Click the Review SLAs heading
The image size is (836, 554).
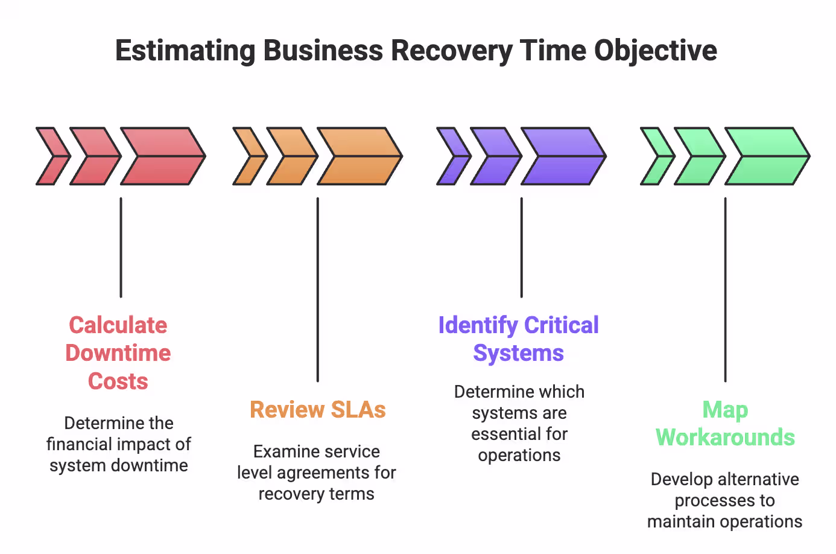(x=317, y=410)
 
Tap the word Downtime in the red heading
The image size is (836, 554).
(x=118, y=353)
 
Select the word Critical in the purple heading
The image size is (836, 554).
(x=561, y=325)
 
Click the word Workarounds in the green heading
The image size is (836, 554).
(x=725, y=438)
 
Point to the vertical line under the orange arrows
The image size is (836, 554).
(x=318, y=290)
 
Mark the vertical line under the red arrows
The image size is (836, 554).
(x=121, y=247)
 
